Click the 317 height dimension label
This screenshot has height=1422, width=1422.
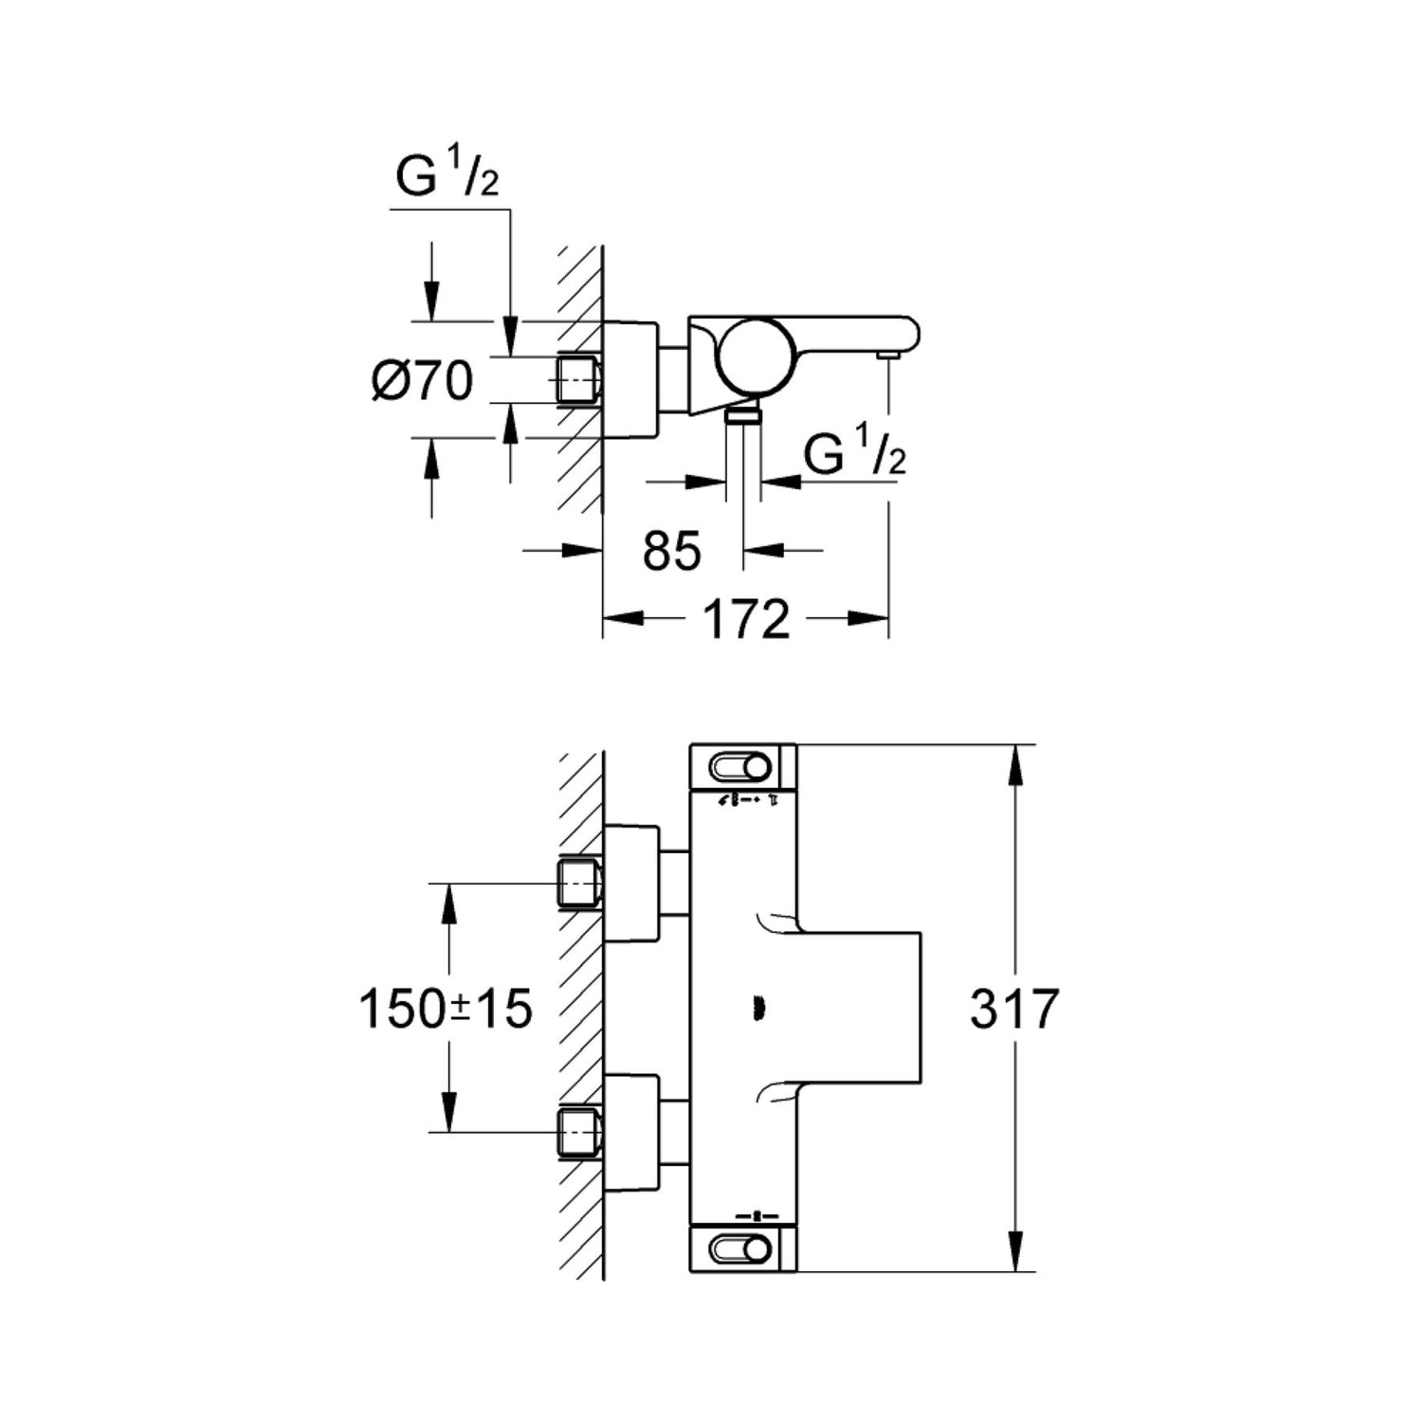point(1013,1009)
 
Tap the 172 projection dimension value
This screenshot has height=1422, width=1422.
point(745,620)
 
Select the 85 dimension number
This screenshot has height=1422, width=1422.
point(672,551)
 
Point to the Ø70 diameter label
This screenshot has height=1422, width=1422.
point(423,382)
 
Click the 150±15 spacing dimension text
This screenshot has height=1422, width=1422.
point(445,1009)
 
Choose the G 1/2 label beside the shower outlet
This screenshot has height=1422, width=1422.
point(854,451)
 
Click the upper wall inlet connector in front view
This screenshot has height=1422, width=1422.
point(579,884)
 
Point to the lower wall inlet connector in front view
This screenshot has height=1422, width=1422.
point(579,1131)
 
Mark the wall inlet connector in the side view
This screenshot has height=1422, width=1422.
point(577,381)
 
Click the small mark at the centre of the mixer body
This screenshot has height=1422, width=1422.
point(757,1008)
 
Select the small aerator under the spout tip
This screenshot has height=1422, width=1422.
point(888,355)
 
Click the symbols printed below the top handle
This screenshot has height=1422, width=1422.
point(749,802)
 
